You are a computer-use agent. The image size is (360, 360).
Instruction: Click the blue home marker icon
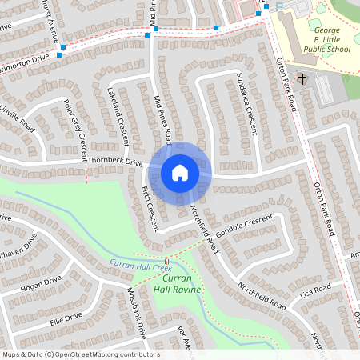pos(180,172)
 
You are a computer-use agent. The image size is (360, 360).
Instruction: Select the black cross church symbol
pos(303,78)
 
